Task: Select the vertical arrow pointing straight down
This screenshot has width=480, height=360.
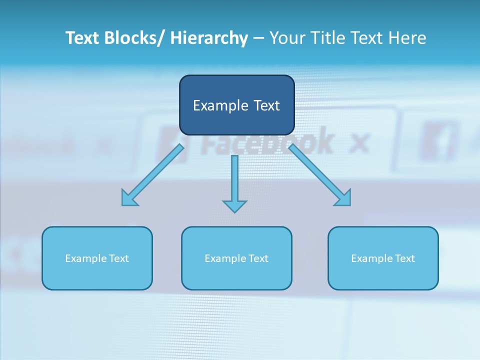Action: point(234,180)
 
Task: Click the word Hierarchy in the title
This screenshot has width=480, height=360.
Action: point(209,38)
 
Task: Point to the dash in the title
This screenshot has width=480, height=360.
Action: point(258,38)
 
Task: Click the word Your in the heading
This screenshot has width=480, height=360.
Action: point(287,38)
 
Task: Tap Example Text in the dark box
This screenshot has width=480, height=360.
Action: point(236,105)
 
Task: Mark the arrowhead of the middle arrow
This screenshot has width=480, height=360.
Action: point(234,205)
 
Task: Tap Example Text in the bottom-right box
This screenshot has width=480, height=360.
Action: point(383,258)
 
